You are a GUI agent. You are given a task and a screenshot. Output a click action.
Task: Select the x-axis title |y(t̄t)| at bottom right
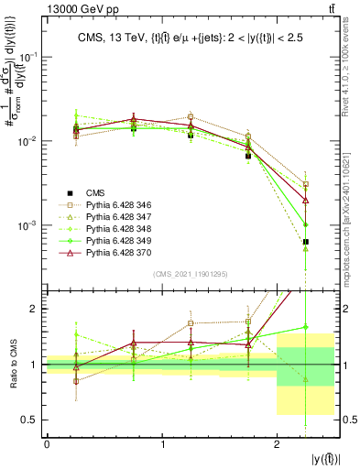tap(324, 458)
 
